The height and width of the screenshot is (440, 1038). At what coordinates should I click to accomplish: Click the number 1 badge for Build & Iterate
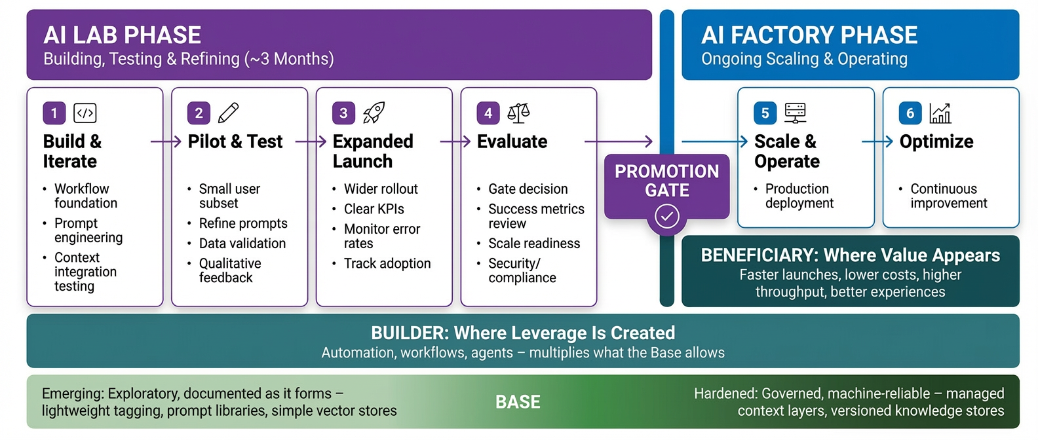tap(54, 113)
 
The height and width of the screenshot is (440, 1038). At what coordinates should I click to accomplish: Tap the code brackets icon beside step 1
tap(85, 113)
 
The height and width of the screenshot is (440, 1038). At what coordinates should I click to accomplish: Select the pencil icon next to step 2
tap(228, 113)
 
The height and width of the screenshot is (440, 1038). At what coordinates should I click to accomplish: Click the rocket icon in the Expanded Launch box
tap(374, 113)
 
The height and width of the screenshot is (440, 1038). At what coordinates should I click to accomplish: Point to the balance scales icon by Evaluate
tap(518, 113)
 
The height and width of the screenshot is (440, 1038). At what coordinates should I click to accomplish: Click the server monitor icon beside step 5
tap(796, 113)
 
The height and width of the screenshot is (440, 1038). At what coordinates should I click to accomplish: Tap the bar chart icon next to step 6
tap(940, 113)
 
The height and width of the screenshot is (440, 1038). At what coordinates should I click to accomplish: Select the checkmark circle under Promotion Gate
tap(667, 215)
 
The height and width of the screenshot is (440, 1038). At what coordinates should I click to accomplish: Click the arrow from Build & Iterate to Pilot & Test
tap(166, 141)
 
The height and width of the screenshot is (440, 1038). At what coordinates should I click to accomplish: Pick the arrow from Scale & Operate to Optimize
tap(877, 141)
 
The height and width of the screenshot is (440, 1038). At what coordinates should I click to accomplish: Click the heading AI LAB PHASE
tap(123, 35)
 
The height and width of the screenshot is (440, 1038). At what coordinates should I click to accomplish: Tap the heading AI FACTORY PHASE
tap(809, 35)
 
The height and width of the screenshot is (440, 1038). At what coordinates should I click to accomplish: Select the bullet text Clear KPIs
tap(374, 209)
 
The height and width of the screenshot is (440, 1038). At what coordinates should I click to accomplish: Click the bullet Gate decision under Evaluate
tap(528, 189)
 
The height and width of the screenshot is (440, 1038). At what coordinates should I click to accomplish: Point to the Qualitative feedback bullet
tap(229, 270)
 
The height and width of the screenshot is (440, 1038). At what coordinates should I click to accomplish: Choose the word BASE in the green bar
tap(518, 402)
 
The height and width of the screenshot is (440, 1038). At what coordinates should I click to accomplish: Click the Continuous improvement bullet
tap(948, 196)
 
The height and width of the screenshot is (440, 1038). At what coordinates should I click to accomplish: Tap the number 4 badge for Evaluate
tap(488, 113)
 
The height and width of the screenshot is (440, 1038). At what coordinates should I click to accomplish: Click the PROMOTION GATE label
tap(666, 181)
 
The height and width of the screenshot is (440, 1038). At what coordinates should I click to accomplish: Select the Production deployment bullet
tap(799, 196)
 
